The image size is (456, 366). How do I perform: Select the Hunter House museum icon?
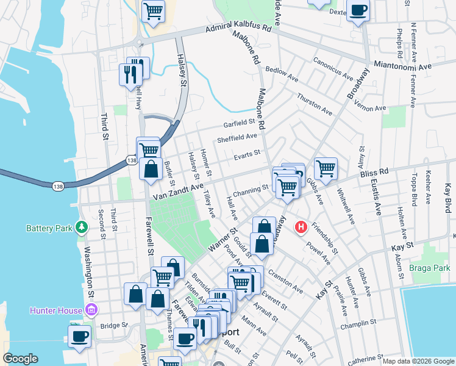tap(91, 310)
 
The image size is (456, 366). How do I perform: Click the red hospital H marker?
tap(301, 227)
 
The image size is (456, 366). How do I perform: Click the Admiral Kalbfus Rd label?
tap(238, 28)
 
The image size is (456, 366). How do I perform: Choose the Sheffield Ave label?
tap(237, 138)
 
